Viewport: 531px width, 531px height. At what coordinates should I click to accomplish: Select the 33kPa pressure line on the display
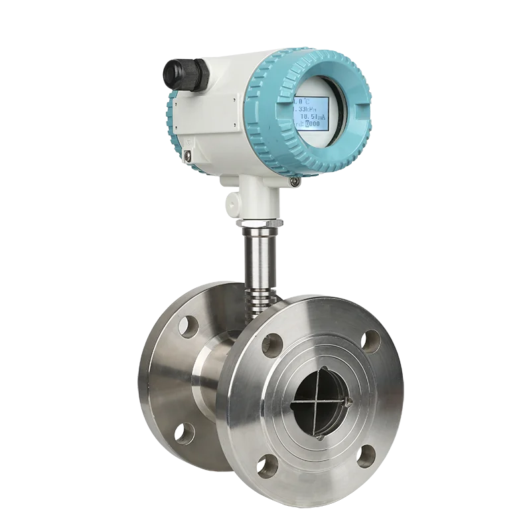[x=306, y=109]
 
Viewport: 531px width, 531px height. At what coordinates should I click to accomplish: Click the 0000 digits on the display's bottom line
[x=313, y=123]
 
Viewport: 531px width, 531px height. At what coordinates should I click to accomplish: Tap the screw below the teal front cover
[x=294, y=180]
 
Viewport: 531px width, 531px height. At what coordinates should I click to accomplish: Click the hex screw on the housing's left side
[x=188, y=154]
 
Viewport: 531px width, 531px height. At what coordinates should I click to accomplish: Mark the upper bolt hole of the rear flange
[x=189, y=327]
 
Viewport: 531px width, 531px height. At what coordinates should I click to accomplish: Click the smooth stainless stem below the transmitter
[x=260, y=256]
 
